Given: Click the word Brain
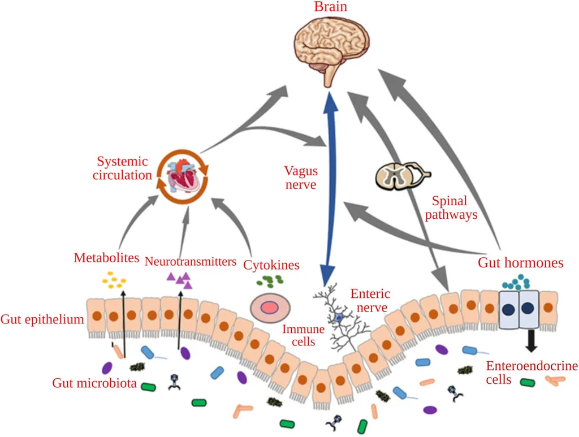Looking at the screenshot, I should [330, 7].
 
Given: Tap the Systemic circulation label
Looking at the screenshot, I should [122, 168].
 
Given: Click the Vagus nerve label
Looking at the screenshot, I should [300, 178].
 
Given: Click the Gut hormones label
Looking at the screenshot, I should [521, 262].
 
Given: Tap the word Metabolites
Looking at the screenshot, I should [106, 258].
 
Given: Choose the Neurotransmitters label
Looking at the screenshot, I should [190, 261].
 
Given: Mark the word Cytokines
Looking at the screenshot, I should [271, 264].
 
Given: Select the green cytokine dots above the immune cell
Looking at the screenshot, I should [271, 280].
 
